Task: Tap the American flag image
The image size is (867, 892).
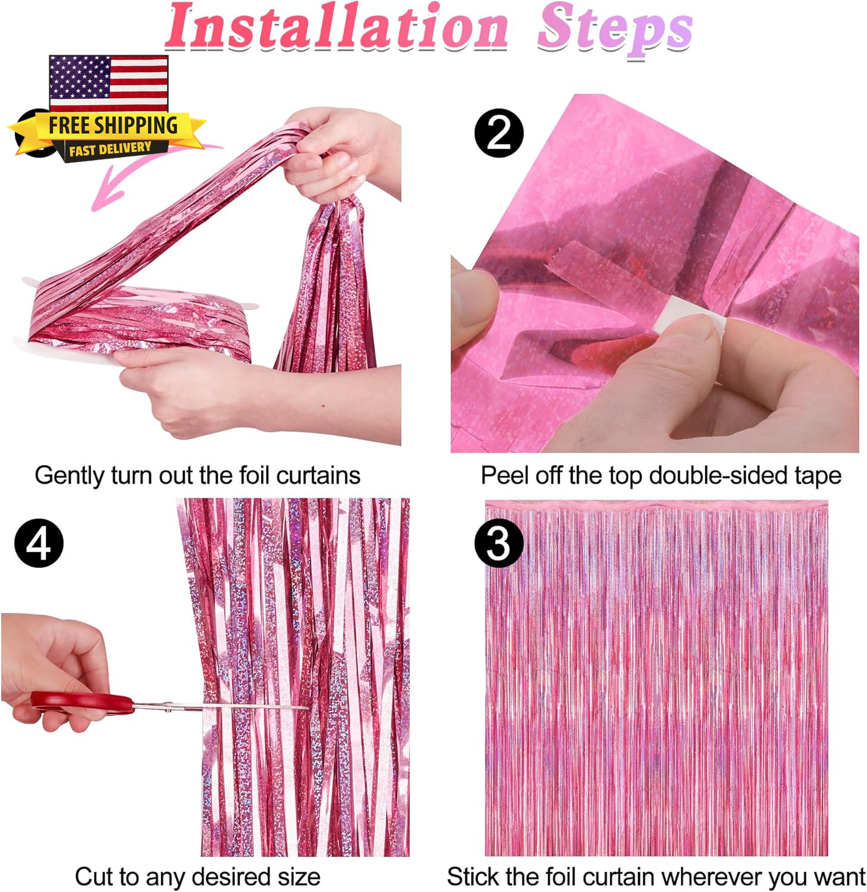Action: point(109,84)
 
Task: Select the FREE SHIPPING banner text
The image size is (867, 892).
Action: point(113,125)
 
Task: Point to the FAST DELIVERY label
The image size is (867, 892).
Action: point(110,149)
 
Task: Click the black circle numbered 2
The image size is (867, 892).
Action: point(499,133)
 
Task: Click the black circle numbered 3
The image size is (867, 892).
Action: point(498,543)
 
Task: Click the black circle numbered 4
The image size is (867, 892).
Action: point(39,543)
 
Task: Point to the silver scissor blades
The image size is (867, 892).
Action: point(220,706)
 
